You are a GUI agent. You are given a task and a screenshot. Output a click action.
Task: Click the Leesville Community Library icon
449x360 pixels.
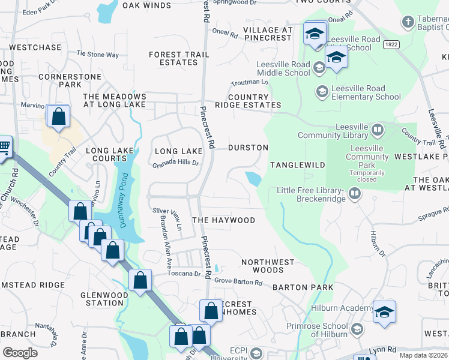click(378, 128)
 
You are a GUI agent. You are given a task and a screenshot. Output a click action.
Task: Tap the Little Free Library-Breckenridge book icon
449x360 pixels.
click(355, 194)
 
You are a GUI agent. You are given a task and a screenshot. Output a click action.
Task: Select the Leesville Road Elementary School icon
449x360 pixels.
click(321, 91)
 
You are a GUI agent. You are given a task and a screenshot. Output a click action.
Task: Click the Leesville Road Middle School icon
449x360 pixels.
click(319, 68)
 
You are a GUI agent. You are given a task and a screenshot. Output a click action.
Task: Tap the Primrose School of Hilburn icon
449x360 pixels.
click(357, 329)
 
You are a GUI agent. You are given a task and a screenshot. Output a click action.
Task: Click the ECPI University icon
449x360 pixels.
click(257, 352)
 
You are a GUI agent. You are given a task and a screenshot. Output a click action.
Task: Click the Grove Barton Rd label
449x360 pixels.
click(240, 280)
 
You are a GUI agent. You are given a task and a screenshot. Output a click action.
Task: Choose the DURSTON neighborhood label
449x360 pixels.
click(248, 147)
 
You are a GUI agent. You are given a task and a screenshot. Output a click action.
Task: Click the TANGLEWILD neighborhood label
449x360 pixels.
click(297, 164)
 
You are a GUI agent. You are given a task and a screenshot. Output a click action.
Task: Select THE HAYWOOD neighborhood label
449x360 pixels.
click(223, 220)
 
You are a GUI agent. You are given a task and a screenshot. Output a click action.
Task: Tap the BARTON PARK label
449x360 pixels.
click(303, 287)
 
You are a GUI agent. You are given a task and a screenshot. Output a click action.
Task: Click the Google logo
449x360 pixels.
click(20, 353)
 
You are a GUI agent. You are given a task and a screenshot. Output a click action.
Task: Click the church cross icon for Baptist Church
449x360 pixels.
click(408, 22)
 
